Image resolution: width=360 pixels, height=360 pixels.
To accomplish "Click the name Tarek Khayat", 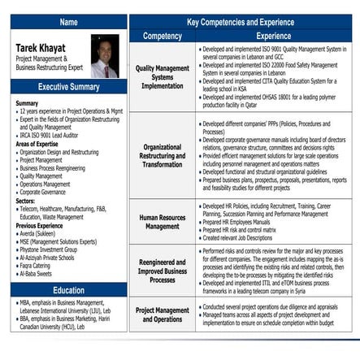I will coord(41,48).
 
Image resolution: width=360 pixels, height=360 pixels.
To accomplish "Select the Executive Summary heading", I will coord(68,87).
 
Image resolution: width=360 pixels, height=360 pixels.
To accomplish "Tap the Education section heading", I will coord(68,290).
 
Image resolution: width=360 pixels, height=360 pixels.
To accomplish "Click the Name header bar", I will coord(68,22).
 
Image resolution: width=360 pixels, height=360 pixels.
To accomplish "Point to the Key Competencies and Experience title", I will coord(240,22).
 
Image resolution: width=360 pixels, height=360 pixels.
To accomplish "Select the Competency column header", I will coord(162,36).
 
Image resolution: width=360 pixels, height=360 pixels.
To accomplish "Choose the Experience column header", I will coord(273,36).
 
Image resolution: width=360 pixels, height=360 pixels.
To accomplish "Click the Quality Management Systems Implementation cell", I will coord(162,77).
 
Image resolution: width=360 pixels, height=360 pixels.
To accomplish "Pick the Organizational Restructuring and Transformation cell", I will coord(162,155).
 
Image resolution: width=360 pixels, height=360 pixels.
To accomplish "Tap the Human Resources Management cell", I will coord(162,221).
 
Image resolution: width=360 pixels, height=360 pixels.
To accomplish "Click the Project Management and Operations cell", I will coord(162,314).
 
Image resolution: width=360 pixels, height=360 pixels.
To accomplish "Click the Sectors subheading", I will coord(26,200).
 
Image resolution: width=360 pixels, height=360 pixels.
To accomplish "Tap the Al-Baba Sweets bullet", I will coord(39,274).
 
